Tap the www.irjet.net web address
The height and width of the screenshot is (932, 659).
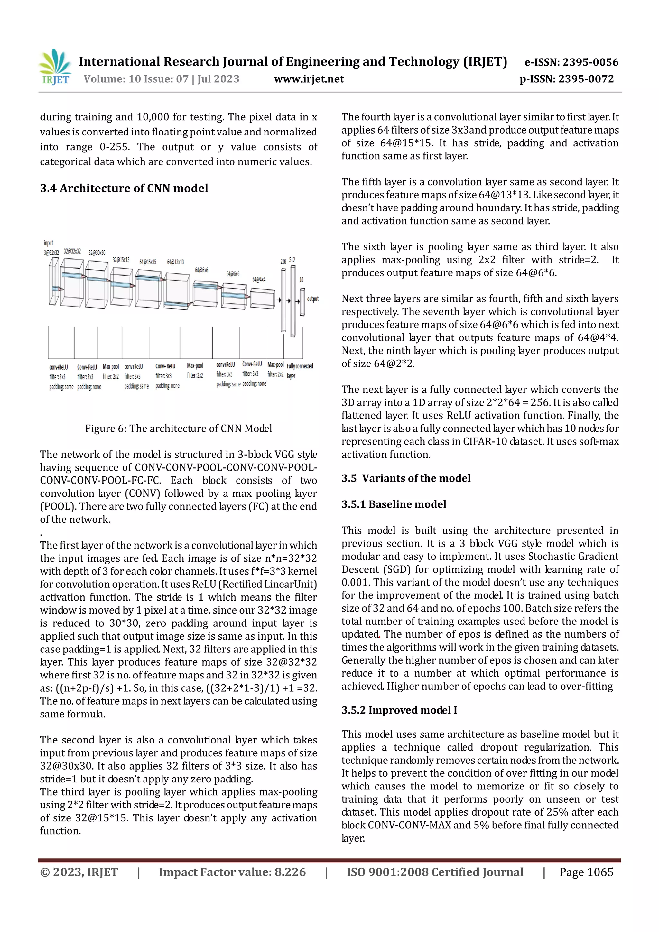pos(309,79)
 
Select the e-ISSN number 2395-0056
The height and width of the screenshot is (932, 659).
pos(571,62)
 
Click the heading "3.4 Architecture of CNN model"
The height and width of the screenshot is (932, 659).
pos(124,188)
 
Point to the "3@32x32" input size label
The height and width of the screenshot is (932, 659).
pos(51,253)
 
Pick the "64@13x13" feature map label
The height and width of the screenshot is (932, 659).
pos(175,262)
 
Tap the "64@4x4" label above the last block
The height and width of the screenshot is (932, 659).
pos(259,279)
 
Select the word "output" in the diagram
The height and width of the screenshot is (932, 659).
pos(313,299)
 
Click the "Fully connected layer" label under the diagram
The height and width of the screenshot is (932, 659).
pos(299,371)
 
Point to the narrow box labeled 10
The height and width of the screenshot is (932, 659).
pos(302,301)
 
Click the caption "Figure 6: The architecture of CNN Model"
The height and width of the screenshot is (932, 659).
pos(178,428)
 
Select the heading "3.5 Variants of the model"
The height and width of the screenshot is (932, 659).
pos(406,478)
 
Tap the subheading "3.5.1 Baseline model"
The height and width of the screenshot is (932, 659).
pos(394,504)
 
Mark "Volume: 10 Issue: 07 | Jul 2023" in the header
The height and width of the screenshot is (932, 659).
pos(161,79)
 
